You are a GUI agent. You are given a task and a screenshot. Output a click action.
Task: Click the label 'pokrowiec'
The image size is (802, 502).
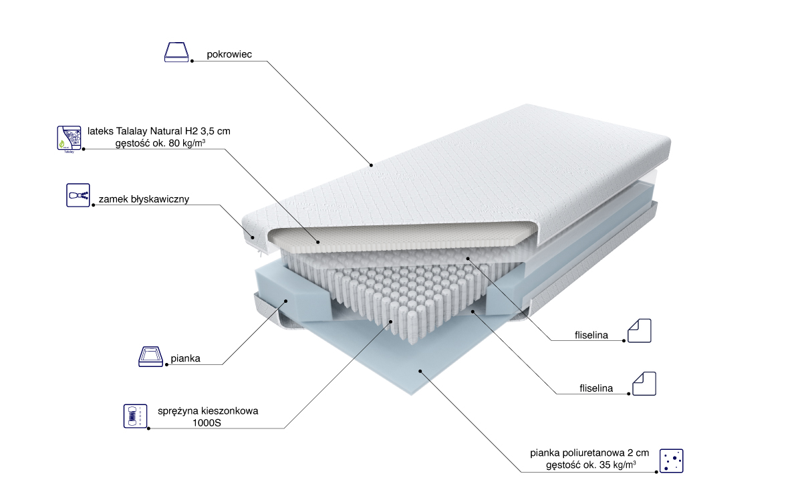click(229, 54)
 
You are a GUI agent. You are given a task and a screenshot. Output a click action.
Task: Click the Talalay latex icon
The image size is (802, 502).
click(68, 138)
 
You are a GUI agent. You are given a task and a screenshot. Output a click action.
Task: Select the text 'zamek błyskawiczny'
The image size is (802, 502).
click(144, 199)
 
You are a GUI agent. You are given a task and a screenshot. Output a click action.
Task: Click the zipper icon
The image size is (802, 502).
click(78, 196)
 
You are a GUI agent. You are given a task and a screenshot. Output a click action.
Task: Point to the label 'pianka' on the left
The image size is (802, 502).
click(185, 359)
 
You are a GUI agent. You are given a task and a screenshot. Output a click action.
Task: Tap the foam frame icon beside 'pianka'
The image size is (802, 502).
click(150, 357)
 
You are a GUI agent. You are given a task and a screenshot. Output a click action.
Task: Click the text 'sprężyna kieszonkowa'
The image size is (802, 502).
click(208, 410)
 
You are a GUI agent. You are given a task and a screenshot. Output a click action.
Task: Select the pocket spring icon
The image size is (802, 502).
click(134, 416)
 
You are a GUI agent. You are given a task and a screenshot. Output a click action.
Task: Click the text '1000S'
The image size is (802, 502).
click(207, 423)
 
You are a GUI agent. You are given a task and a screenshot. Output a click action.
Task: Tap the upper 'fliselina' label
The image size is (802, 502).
click(590, 335)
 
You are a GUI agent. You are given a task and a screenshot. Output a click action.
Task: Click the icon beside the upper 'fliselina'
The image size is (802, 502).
click(639, 330)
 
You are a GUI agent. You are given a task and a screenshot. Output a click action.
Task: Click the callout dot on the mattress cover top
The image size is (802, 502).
click(372, 164)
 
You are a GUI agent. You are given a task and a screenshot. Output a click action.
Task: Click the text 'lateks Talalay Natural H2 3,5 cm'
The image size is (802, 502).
click(159, 131)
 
